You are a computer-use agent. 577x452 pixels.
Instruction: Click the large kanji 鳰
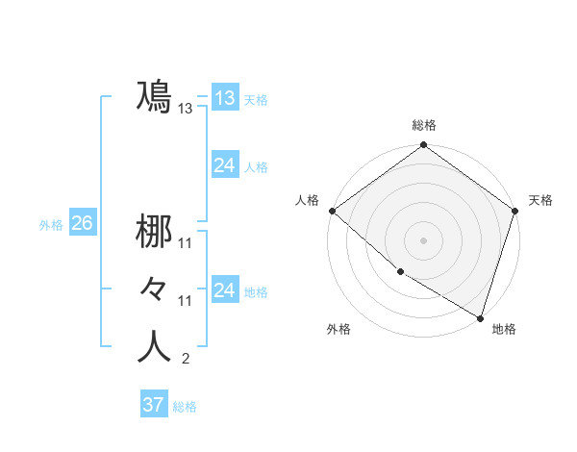click(x=155, y=96)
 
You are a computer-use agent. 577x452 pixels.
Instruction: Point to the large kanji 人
click(x=155, y=347)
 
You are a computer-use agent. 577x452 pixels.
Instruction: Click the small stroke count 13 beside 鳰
click(x=186, y=109)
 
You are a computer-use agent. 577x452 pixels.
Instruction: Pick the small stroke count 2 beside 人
click(x=185, y=360)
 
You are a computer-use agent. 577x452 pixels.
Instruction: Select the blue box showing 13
click(x=224, y=97)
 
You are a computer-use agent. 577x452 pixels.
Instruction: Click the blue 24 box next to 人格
click(x=224, y=165)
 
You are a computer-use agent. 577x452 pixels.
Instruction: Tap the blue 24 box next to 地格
click(x=224, y=290)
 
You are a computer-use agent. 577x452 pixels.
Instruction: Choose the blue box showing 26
click(x=82, y=223)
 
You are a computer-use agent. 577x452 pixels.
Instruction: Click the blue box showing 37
click(x=153, y=405)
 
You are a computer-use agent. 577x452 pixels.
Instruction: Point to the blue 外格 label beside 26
click(x=51, y=225)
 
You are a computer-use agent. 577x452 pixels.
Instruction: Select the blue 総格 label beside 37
click(x=185, y=407)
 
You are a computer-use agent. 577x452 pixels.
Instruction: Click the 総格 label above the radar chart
click(x=424, y=125)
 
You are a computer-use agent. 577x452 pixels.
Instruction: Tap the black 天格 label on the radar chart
click(x=541, y=200)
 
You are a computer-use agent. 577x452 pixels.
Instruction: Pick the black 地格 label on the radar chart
click(x=504, y=329)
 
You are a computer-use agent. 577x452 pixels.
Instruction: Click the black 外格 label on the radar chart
click(x=339, y=329)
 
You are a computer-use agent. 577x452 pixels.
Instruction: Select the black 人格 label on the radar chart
click(x=307, y=200)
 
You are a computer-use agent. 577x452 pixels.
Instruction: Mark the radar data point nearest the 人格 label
click(x=332, y=211)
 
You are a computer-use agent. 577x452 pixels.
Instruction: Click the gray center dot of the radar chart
click(x=424, y=240)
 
